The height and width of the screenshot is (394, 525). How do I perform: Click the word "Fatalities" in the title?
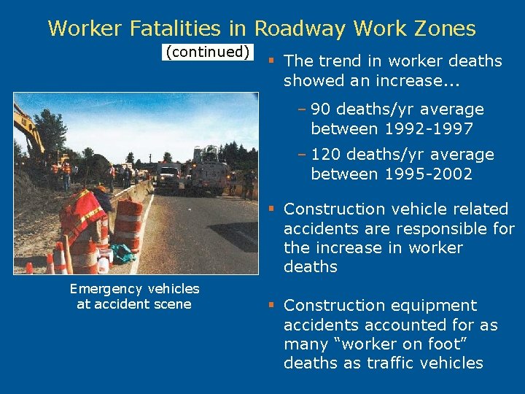pyautogui.click(x=165, y=28)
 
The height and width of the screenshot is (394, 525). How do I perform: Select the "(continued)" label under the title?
pyautogui.click(x=209, y=52)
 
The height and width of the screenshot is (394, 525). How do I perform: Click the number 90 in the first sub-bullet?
pyautogui.click(x=320, y=109)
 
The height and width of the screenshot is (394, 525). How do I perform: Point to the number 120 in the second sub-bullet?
pyautogui.click(x=324, y=155)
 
